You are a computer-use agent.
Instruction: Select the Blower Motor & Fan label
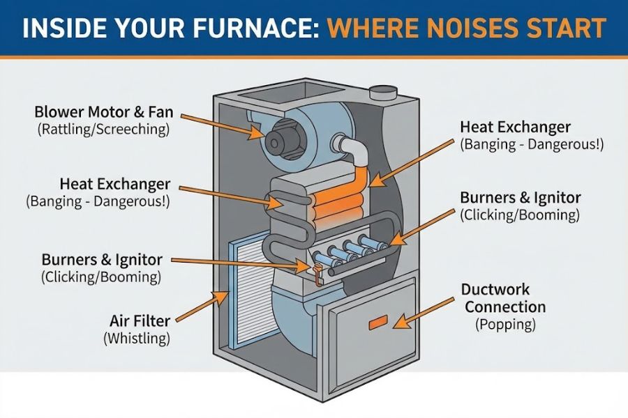(103, 112)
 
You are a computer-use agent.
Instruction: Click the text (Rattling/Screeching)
(103, 130)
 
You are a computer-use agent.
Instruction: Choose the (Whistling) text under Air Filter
(137, 339)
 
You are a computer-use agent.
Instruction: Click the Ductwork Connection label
(505, 298)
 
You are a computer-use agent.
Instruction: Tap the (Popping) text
(505, 325)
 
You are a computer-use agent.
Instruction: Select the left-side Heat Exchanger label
(115, 184)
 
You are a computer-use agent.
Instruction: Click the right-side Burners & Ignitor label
(520, 198)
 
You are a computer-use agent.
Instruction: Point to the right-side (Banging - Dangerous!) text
(532, 145)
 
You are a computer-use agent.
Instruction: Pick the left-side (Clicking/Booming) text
(102, 277)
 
